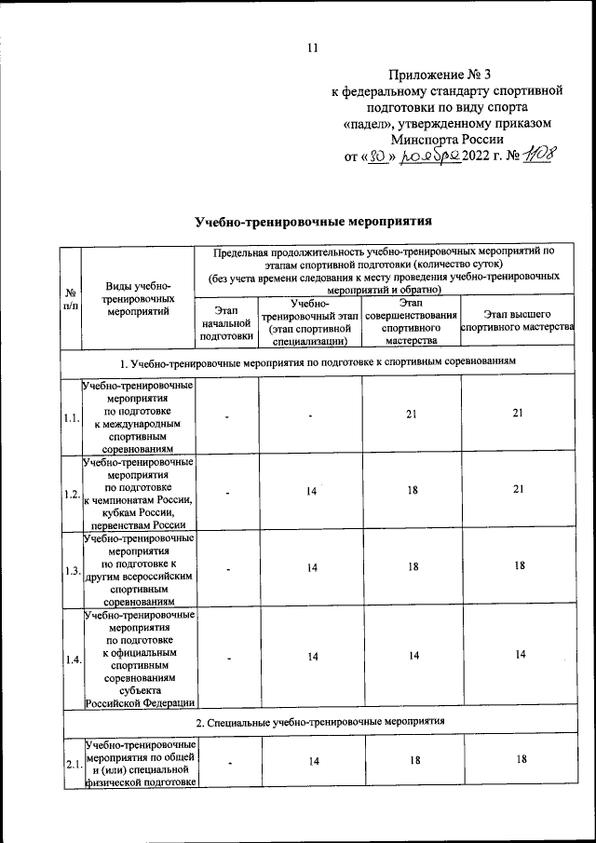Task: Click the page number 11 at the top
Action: pos(313,48)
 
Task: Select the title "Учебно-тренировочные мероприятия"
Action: pos(314,222)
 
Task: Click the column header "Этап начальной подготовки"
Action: pos(226,322)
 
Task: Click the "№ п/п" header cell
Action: pos(70,298)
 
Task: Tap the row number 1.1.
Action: pos(70,417)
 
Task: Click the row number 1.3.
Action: pos(70,570)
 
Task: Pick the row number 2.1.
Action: pos(70,764)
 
